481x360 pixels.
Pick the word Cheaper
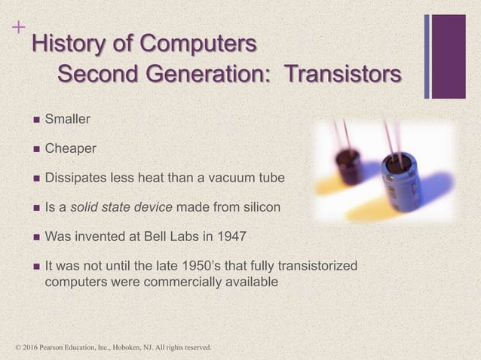(70, 148)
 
